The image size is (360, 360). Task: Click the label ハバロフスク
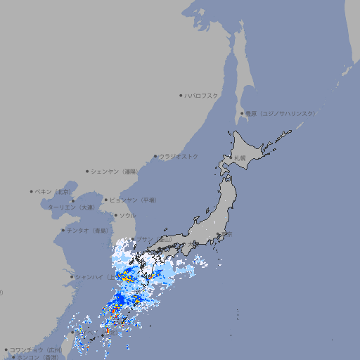coord(202,95)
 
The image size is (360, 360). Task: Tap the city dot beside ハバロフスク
coord(181,95)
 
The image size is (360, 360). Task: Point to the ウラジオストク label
coord(179,156)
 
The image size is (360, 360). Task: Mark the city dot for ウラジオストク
coord(155,156)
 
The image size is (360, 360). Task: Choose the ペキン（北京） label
coord(54,191)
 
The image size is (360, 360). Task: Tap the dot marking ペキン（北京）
coord(32,191)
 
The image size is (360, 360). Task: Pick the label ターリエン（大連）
coord(71,207)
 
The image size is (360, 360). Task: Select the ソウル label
coord(127,215)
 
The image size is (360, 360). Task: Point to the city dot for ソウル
coord(115,215)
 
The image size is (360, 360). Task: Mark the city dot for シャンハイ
coord(71,276)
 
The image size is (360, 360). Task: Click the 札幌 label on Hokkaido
coord(240,158)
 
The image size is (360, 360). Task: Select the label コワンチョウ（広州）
coord(35,349)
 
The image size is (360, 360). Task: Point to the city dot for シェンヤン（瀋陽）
coord(87,171)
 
